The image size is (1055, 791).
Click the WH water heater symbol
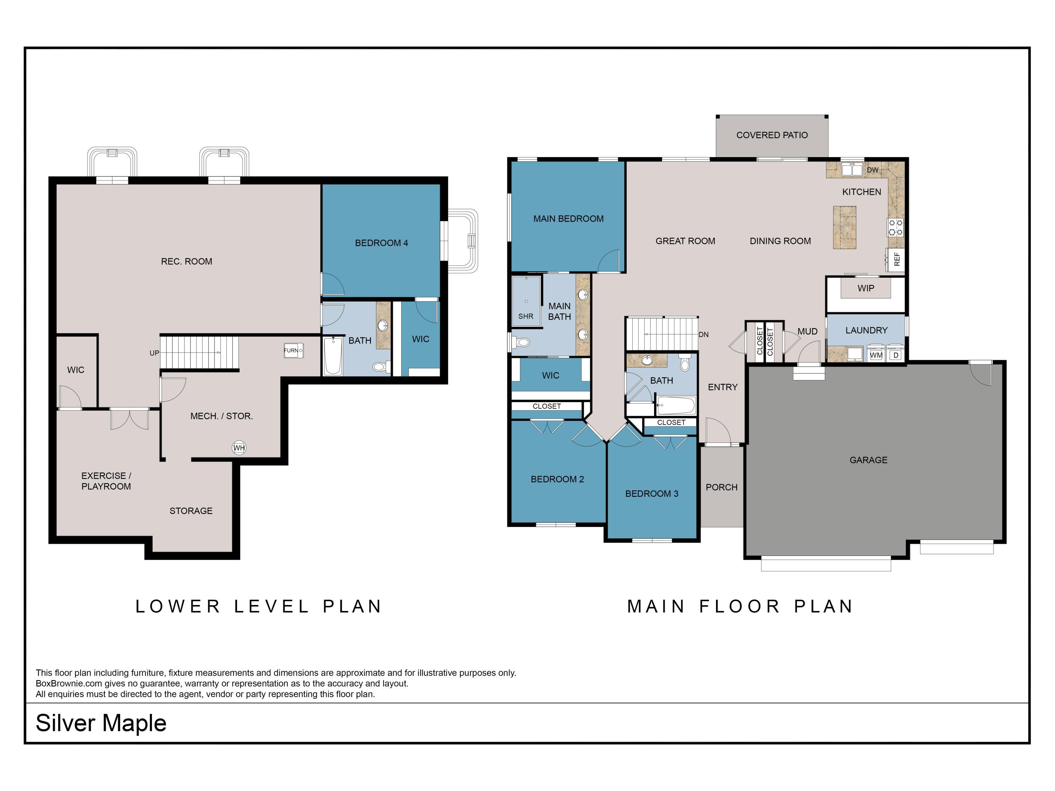239,448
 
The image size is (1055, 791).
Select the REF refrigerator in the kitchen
896,259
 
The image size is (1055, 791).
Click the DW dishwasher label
872,170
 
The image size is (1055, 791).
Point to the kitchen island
845,227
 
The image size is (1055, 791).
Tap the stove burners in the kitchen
896,227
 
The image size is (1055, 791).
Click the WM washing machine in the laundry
876,355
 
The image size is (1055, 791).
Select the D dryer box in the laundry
896,355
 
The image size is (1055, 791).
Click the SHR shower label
526,316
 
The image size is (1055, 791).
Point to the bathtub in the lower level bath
333,356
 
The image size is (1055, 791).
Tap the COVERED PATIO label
772,135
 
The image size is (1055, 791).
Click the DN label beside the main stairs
703,335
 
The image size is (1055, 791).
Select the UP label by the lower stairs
154,353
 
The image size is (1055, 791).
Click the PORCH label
721,487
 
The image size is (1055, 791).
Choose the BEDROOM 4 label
381,243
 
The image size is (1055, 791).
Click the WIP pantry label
866,288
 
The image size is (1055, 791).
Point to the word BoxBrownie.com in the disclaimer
69,683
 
